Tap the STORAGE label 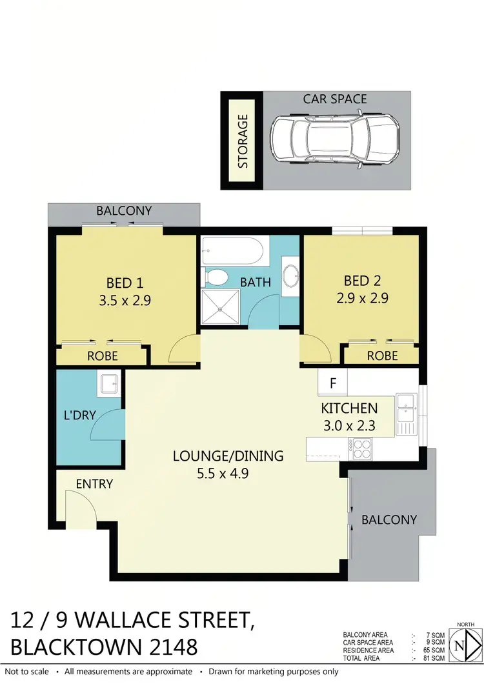[x=243, y=141]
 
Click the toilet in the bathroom [x=216, y=278]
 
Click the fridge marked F [x=333, y=383]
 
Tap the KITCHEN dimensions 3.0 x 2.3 [x=349, y=425]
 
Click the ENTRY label [x=94, y=483]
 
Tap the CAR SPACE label [x=335, y=99]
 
